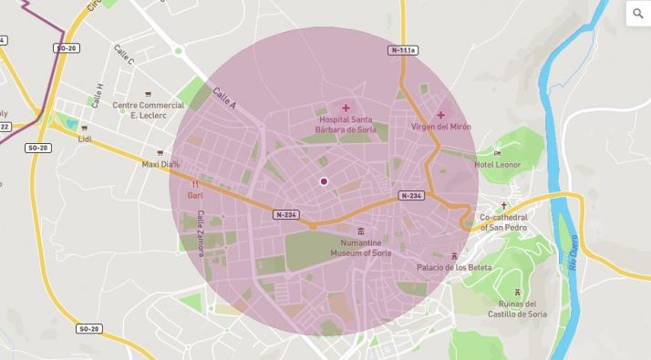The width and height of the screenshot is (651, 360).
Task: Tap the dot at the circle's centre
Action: (x=324, y=181)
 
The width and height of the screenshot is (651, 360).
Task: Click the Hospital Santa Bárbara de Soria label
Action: (x=346, y=124)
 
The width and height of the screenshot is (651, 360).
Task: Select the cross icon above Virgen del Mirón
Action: (x=441, y=115)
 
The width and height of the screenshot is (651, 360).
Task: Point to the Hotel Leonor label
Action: (x=497, y=165)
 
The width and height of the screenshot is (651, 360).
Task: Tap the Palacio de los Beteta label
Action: (x=454, y=267)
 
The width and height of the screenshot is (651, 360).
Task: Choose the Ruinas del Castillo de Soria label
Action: (x=517, y=309)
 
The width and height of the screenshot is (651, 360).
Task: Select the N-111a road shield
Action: (x=402, y=49)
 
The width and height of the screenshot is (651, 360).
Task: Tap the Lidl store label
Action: (x=85, y=139)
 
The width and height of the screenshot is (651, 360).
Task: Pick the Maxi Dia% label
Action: (x=160, y=165)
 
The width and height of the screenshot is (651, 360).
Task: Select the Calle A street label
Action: (x=223, y=98)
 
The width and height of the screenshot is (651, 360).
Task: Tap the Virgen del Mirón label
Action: (x=441, y=127)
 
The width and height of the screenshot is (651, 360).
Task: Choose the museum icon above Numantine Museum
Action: (x=362, y=231)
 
